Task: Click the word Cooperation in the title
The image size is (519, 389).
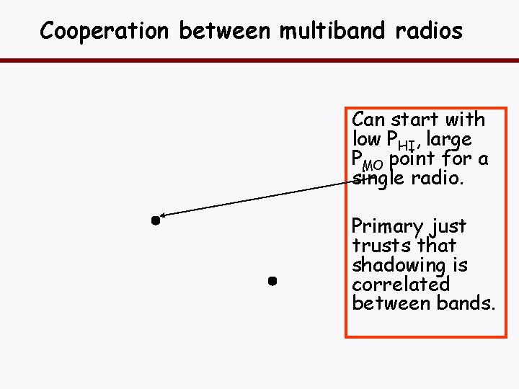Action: (x=104, y=31)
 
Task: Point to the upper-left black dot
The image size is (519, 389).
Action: (x=154, y=220)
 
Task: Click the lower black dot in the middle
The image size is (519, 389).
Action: (x=272, y=281)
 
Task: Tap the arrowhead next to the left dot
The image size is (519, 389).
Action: (x=165, y=214)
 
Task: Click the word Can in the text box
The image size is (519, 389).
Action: (x=368, y=120)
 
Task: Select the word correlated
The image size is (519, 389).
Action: (x=400, y=284)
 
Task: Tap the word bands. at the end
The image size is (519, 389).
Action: (x=466, y=303)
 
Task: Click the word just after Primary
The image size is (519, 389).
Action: (x=449, y=227)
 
